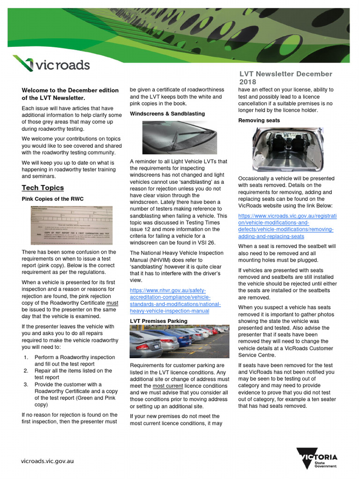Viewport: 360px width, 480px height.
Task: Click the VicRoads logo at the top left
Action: point(51,64)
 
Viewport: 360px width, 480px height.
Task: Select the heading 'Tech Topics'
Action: point(43,188)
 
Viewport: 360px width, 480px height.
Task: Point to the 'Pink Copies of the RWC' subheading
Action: point(52,199)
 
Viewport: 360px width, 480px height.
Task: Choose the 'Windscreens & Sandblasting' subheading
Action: point(167,114)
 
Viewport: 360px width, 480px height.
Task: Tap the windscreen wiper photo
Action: point(180,137)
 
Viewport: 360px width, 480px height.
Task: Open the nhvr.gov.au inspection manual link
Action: point(169,300)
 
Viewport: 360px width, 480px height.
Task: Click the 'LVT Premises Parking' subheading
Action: point(158,321)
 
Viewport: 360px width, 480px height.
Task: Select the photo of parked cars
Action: point(180,342)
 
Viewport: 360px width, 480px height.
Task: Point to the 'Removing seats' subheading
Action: point(259,120)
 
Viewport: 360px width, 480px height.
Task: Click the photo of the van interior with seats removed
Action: point(287,150)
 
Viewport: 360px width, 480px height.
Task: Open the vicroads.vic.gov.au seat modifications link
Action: point(287,226)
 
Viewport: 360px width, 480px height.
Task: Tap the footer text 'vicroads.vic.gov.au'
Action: point(47,461)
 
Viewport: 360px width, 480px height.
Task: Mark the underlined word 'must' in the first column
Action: point(112,303)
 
